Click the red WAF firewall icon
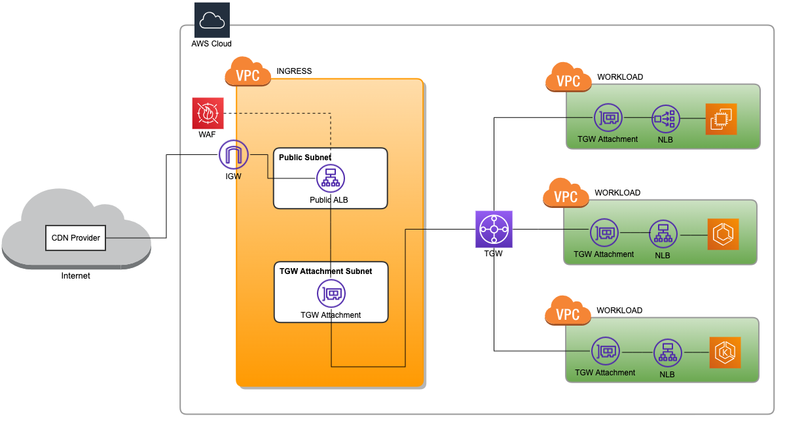[208, 113]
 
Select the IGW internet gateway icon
[234, 155]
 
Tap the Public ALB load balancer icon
[330, 178]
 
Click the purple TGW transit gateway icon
[494, 229]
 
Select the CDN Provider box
[76, 238]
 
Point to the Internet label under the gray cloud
[76, 276]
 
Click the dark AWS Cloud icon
[211, 20]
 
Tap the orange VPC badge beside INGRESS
[247, 74]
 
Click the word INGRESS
[294, 71]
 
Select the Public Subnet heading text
[304, 158]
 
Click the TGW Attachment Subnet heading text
[325, 271]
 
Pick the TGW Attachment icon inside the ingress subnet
[331, 294]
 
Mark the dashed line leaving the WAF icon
[275, 113]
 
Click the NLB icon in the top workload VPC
[666, 119]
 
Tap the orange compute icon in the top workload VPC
[721, 119]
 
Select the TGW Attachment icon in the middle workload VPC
[604, 233]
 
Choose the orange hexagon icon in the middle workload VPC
[723, 234]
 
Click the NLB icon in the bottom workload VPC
[667, 352]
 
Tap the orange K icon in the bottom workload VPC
[725, 352]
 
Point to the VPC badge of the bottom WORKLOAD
[568, 313]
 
